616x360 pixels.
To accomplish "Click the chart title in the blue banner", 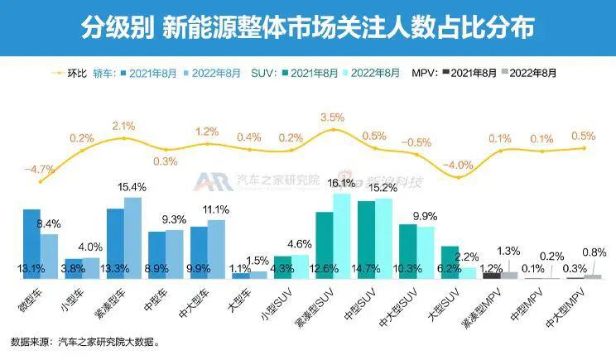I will click(x=308, y=28).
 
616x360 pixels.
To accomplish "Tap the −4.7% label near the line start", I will click(x=39, y=170).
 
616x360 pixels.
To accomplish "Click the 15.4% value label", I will click(x=132, y=187).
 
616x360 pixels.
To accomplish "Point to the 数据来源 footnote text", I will click(x=84, y=341).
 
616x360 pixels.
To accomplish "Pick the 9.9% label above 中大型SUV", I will click(x=425, y=217).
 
